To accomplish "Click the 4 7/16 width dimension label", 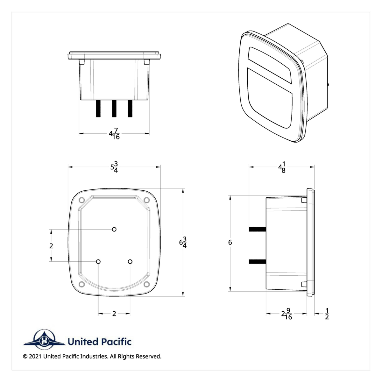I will click(x=114, y=134).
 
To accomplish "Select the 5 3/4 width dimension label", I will click(x=114, y=167).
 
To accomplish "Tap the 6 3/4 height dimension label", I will click(x=183, y=243).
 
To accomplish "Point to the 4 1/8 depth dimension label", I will click(x=282, y=167).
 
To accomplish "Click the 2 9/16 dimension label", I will click(x=286, y=314).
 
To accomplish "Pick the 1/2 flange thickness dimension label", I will click(x=327, y=314).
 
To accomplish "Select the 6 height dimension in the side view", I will click(x=230, y=243).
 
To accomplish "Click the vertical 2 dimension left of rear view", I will click(x=51, y=246).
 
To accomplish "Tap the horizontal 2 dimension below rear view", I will click(x=114, y=314).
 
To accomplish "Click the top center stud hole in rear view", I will click(x=114, y=229).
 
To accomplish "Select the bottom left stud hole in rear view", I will click(x=98, y=261).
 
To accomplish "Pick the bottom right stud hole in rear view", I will click(x=130, y=261).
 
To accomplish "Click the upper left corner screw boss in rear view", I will click(x=81, y=200).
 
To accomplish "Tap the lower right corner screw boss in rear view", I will click(x=147, y=284).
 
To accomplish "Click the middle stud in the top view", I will click(x=114, y=109).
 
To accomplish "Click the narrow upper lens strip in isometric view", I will click(x=269, y=62).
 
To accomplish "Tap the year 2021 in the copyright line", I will click(x=35, y=357).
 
